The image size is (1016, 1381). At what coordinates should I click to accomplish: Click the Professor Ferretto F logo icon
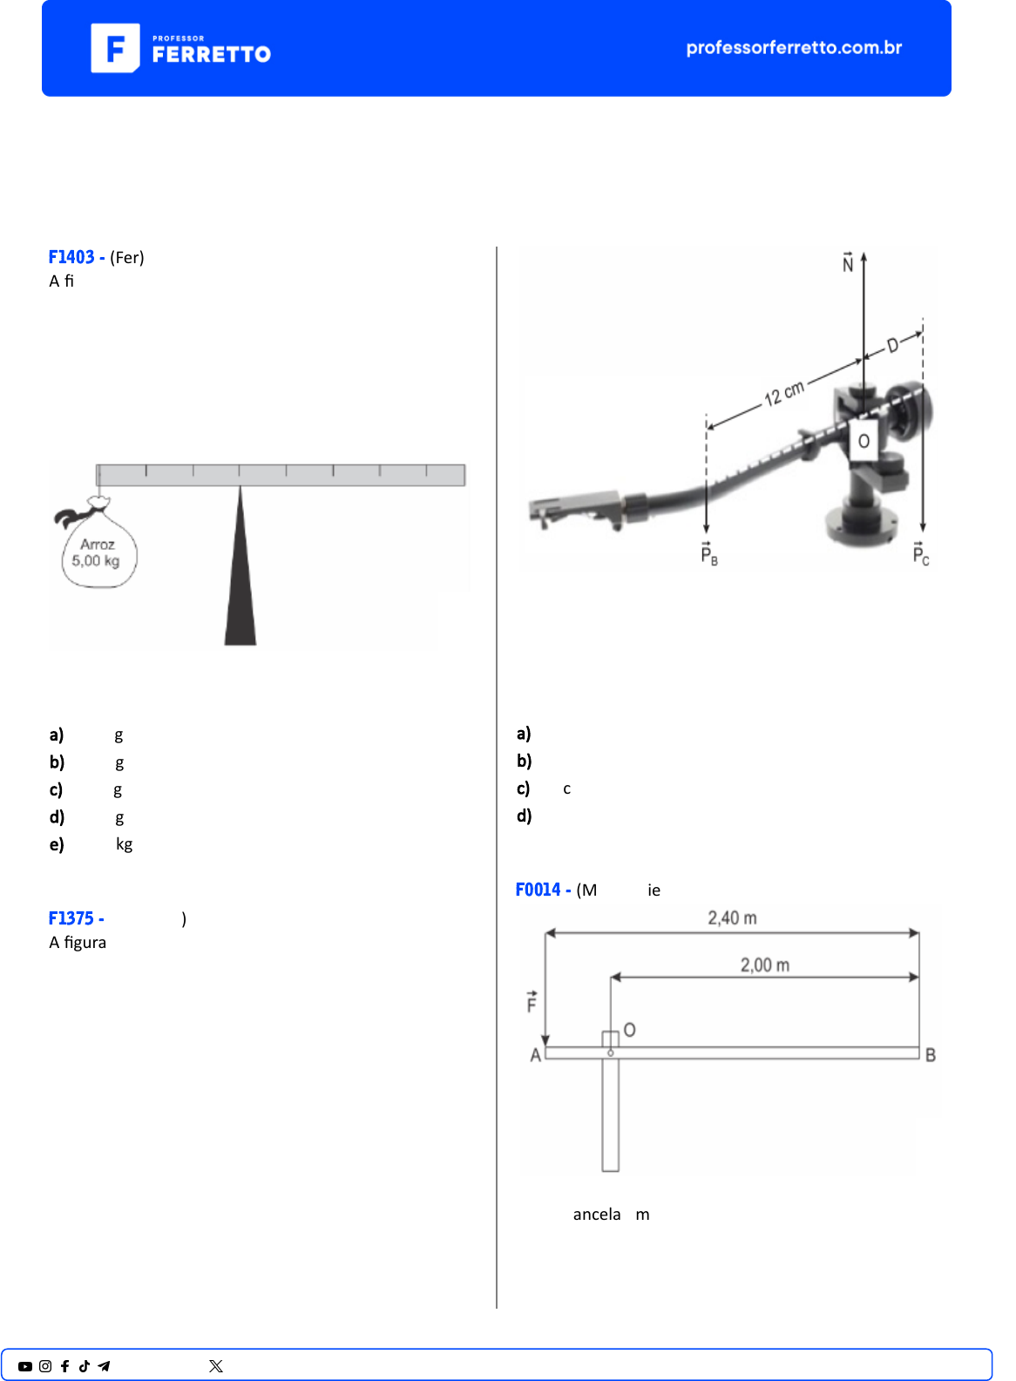(x=115, y=48)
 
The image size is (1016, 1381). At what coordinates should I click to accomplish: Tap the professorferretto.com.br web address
(x=794, y=47)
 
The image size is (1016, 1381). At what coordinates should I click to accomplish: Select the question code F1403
(x=71, y=256)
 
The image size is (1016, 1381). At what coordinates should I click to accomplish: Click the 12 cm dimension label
(x=784, y=393)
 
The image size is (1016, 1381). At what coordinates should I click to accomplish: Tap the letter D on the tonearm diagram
(x=892, y=345)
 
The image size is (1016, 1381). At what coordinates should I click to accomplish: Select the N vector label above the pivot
(x=848, y=262)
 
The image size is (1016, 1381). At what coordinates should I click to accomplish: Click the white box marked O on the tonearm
(x=864, y=440)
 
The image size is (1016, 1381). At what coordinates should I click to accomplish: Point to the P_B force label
(x=709, y=553)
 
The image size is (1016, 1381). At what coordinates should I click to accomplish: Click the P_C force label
(x=920, y=553)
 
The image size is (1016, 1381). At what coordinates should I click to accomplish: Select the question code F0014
(x=538, y=890)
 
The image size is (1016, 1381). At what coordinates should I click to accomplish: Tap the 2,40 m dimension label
(x=732, y=918)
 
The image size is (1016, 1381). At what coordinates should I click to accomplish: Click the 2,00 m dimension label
(x=764, y=965)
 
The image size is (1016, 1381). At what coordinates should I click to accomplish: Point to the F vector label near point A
(x=532, y=1002)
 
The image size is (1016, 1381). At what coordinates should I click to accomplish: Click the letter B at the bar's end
(x=931, y=1055)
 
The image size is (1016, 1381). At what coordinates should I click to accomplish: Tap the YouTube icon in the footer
(x=25, y=1366)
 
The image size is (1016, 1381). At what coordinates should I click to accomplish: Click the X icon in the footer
(x=216, y=1366)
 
